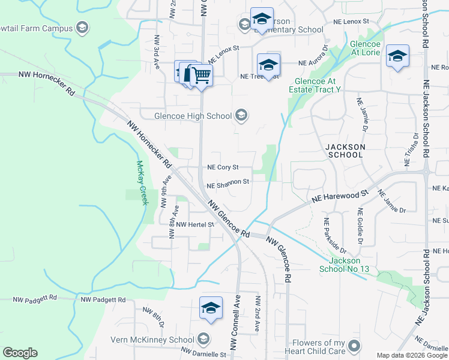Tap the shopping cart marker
click(202, 76)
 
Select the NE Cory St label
click(223, 167)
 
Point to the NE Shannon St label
click(228, 183)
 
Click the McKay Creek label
click(142, 182)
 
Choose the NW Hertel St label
click(194, 224)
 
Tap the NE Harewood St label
click(339, 197)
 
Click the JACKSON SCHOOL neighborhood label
click(345, 150)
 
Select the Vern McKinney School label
click(152, 340)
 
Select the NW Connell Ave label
click(235, 323)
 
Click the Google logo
click(20, 353)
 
